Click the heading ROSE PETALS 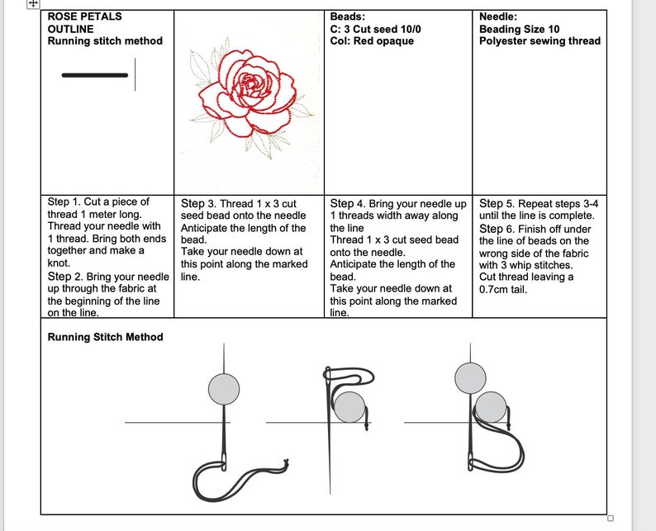coord(84,17)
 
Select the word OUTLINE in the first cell coord(70,29)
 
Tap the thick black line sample coord(95,75)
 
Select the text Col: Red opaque coord(372,41)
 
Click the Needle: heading coord(499,17)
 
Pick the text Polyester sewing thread coord(540,41)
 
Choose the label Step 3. coord(198,203)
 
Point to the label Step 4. coord(347,203)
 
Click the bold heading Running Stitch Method coord(105,337)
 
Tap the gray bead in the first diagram coord(224,389)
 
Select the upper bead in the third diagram coord(470,378)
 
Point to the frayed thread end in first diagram coord(285,464)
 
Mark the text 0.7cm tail coord(505,290)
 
